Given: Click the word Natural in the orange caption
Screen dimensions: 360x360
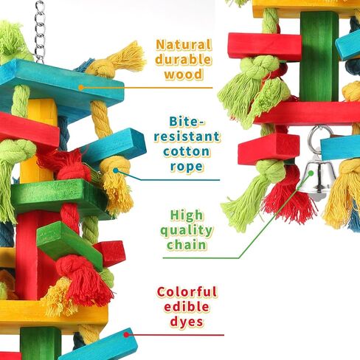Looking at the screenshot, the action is (x=184, y=45).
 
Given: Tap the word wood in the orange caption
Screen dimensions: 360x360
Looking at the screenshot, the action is (x=184, y=74).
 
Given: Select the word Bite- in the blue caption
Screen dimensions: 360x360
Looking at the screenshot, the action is (x=187, y=122).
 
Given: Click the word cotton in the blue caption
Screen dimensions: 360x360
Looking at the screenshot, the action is (x=186, y=151).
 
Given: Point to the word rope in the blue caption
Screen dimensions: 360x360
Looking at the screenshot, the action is (x=187, y=167).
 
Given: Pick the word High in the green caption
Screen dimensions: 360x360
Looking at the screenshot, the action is (x=187, y=215).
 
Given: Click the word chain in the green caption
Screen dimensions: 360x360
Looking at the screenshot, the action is (x=187, y=245).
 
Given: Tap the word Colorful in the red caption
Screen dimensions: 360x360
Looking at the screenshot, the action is (x=187, y=292).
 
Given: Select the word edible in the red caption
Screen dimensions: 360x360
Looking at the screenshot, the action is (x=187, y=307).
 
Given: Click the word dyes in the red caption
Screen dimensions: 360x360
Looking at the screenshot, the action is (x=187, y=322).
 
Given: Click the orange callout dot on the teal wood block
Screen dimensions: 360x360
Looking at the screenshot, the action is (x=81, y=87).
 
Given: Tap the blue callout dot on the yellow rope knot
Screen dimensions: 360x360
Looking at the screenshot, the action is (x=116, y=170).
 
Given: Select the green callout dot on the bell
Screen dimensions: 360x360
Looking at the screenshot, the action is (x=311, y=173).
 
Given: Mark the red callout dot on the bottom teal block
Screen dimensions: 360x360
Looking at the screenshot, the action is (x=126, y=335).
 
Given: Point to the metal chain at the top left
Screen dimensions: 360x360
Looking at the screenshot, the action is (x=40, y=31).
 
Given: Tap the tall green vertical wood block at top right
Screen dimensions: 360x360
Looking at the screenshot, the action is (x=319, y=57).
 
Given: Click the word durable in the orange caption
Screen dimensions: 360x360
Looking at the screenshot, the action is (x=183, y=59).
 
